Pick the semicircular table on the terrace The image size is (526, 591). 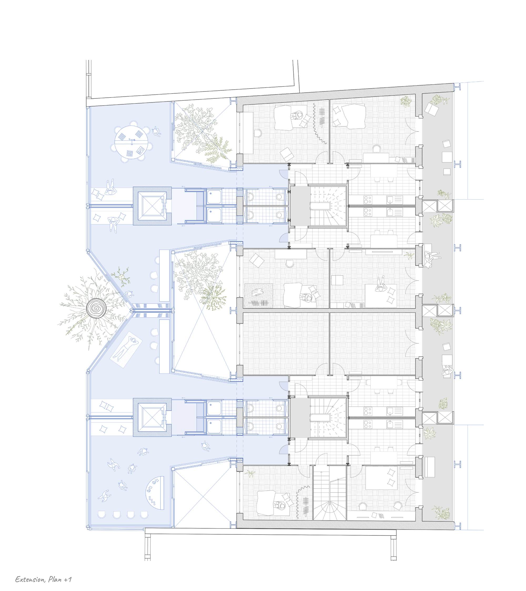[155, 493]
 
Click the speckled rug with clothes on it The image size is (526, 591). [259, 295]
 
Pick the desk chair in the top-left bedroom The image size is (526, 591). [257, 134]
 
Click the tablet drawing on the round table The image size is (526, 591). [141, 150]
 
